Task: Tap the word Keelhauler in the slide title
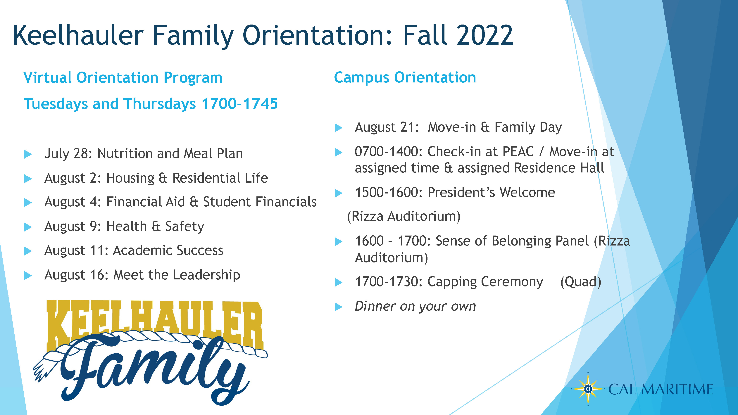(78, 35)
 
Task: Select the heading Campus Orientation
(405, 78)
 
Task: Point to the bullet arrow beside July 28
(28, 154)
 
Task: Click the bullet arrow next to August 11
(28, 251)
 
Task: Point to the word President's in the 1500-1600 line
(462, 192)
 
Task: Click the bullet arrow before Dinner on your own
(339, 307)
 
